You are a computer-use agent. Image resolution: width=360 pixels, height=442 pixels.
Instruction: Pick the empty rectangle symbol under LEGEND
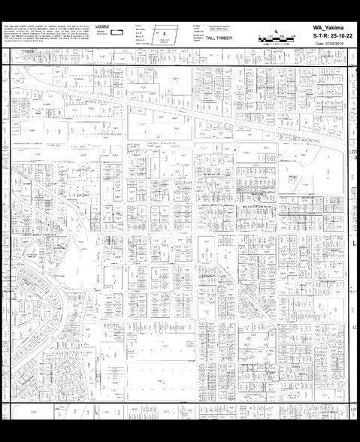[x=117, y=33]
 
